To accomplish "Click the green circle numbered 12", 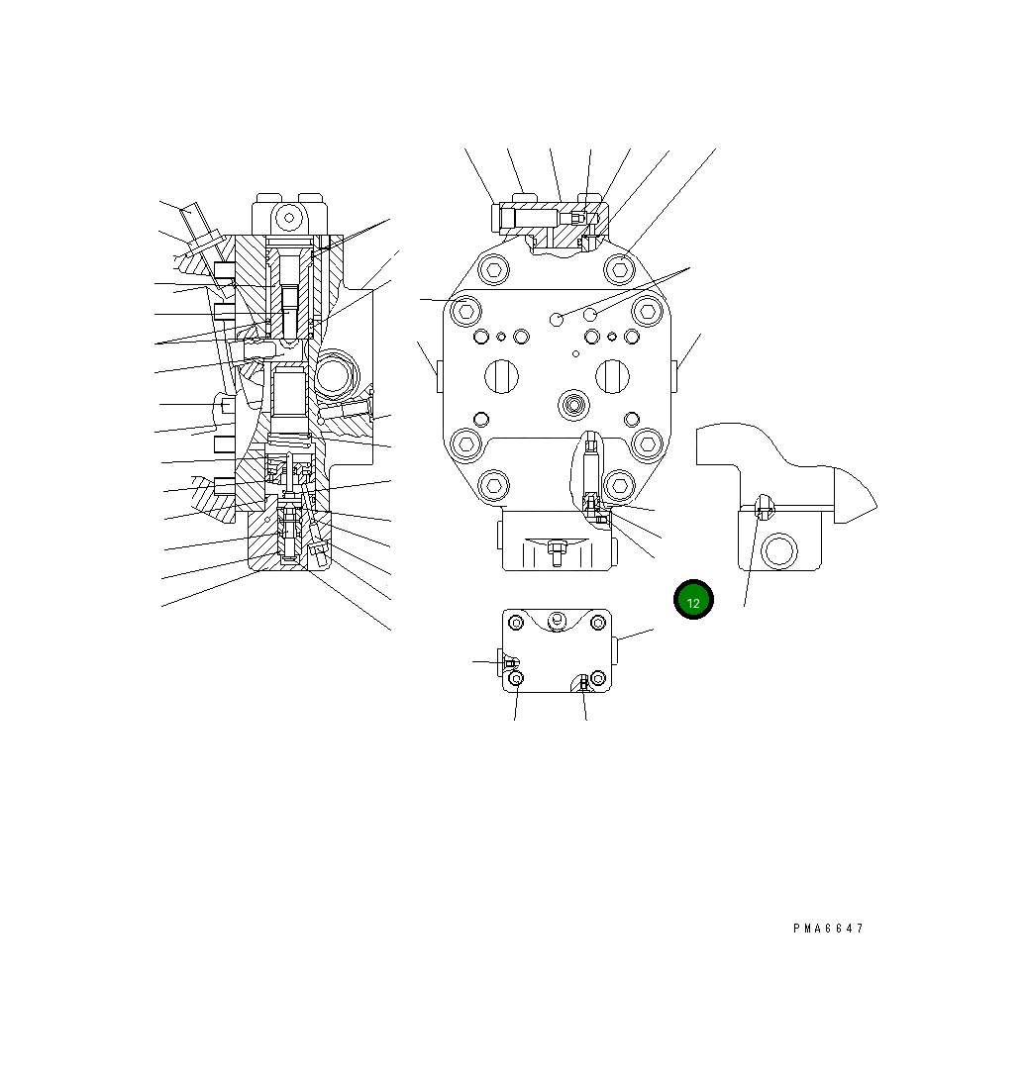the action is point(693,600).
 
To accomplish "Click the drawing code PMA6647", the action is point(828,929).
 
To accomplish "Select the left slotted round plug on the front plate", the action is point(501,376).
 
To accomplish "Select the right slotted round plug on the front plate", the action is point(612,376).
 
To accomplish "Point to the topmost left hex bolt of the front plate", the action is point(494,269).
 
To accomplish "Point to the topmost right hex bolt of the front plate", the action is point(620,269).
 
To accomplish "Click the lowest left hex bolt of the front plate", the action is point(494,485).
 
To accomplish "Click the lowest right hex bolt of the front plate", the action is point(619,485).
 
